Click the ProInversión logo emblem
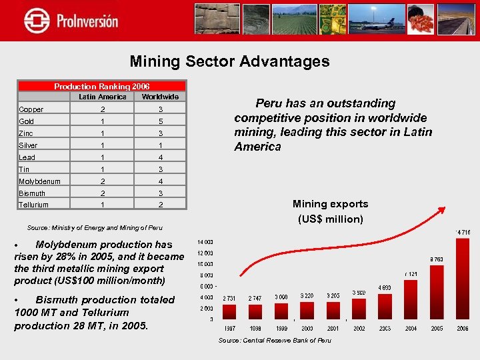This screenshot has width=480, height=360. [x=36, y=20]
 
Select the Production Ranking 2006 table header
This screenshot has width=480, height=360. [x=101, y=86]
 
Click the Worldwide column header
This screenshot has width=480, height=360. [x=160, y=97]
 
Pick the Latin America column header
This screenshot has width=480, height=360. [x=102, y=97]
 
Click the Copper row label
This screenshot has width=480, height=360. [x=31, y=109]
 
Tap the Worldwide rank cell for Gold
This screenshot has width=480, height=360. [x=160, y=121]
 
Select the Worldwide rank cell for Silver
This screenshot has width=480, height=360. [x=160, y=145]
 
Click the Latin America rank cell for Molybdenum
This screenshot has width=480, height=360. [x=102, y=181]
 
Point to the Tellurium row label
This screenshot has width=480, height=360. [x=33, y=205]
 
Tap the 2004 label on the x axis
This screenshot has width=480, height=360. [x=411, y=329]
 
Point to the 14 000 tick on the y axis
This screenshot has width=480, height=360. [x=204, y=241]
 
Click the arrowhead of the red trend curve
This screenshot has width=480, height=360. [x=442, y=209]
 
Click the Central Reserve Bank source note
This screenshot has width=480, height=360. [x=275, y=341]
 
